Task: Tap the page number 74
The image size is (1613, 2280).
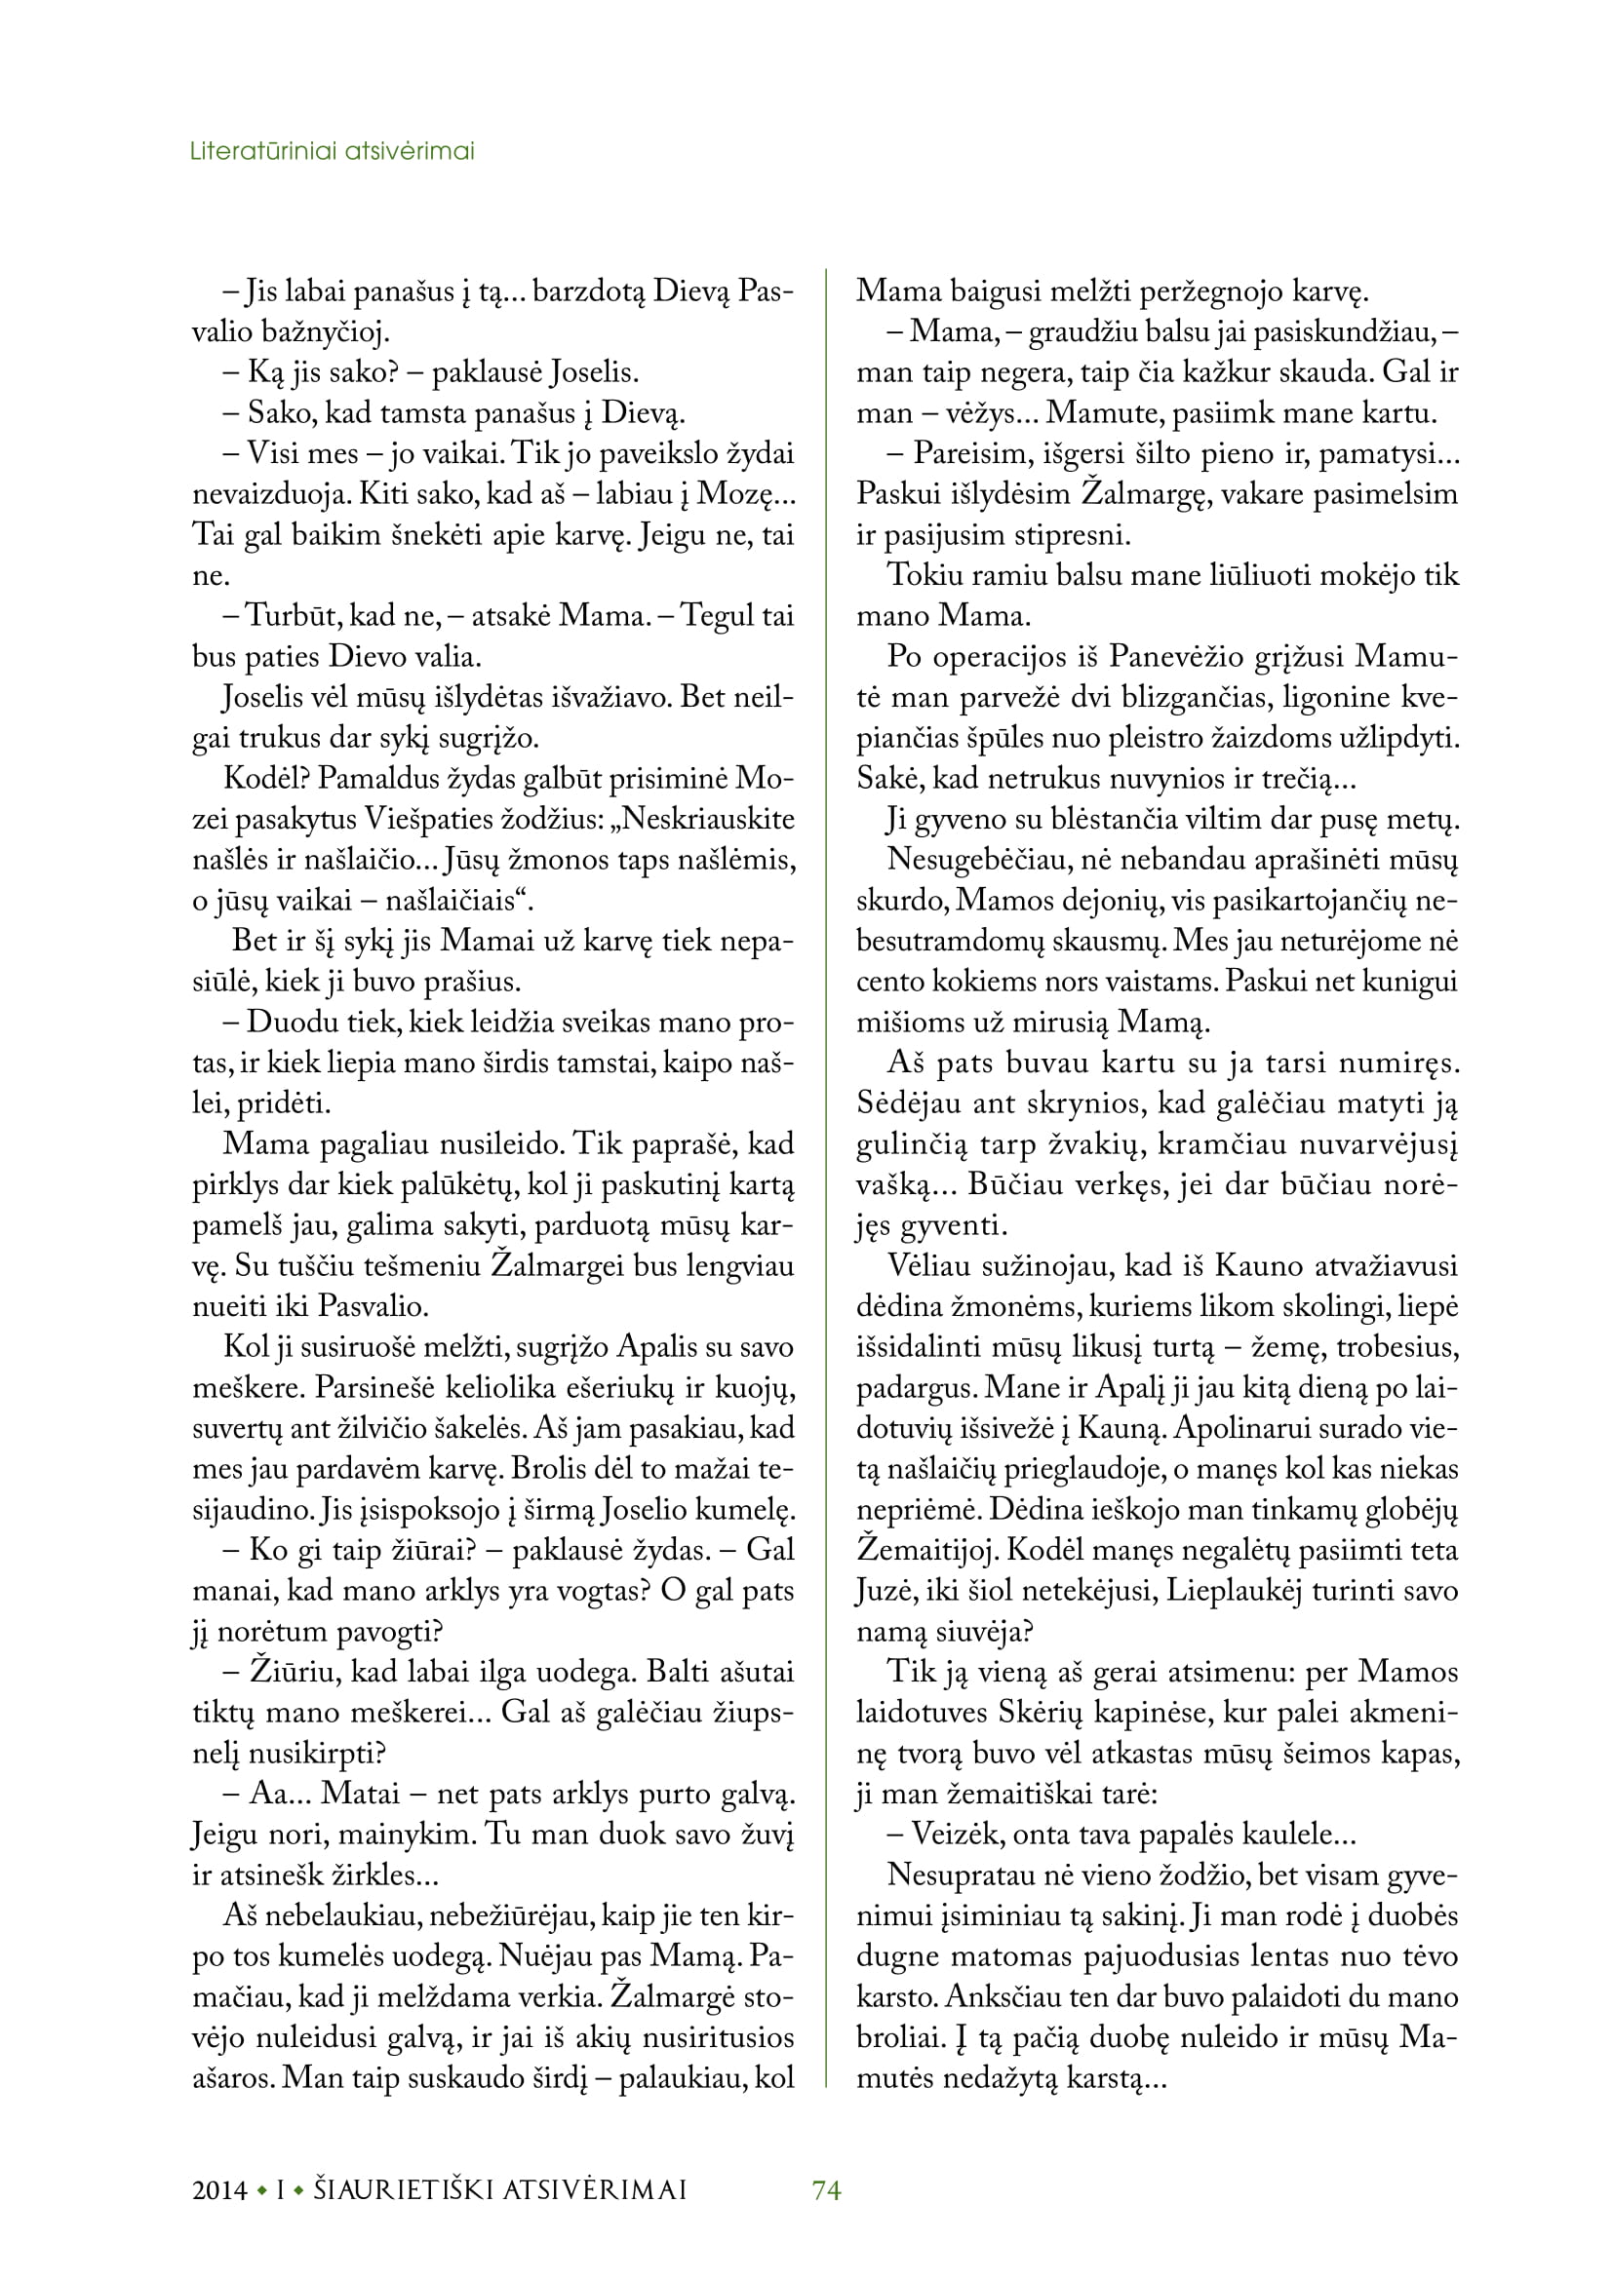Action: click(826, 2189)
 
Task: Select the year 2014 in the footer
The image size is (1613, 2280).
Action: click(219, 2189)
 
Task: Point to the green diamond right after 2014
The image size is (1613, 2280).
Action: click(261, 2190)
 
